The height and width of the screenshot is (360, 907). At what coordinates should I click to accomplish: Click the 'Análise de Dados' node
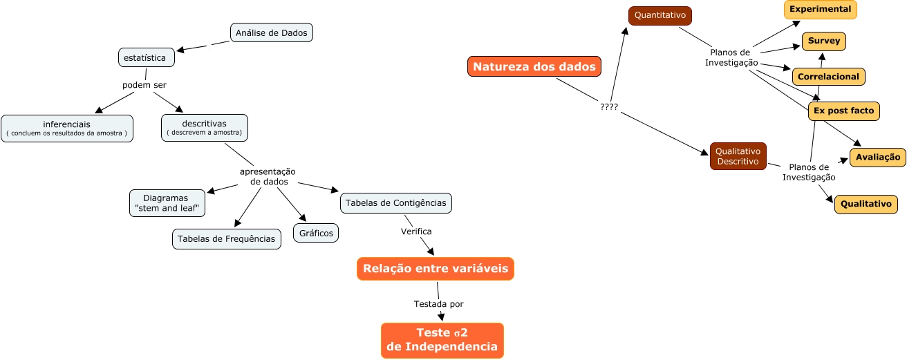[272, 32]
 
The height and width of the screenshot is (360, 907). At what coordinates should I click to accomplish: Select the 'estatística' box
[146, 57]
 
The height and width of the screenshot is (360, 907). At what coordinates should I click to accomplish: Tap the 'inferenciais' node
[67, 129]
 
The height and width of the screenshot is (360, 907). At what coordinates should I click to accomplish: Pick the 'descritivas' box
[205, 128]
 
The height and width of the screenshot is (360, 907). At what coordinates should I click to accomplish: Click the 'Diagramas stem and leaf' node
[167, 202]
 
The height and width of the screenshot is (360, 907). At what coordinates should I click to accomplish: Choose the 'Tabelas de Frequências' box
[227, 238]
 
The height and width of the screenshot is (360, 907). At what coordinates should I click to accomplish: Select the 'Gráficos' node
[317, 233]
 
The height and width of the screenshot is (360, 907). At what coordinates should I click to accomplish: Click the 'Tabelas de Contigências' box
[396, 202]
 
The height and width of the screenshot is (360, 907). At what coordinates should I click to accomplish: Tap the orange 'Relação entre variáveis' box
[436, 269]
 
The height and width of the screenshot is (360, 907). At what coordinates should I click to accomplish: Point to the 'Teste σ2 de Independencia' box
[442, 341]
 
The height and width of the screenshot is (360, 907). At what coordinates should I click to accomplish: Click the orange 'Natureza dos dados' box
[534, 67]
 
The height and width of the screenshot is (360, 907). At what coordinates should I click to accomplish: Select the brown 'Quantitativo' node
[660, 15]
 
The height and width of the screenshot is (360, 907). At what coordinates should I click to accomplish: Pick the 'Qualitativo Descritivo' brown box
[738, 156]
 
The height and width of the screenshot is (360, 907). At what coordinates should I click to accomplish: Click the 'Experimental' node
[820, 10]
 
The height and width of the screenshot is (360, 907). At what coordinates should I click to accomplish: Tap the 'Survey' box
[823, 41]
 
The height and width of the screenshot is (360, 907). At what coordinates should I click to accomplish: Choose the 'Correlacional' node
[828, 77]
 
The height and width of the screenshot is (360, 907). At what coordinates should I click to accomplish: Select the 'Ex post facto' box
[843, 111]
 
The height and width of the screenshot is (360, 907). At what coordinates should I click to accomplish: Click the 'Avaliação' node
[877, 158]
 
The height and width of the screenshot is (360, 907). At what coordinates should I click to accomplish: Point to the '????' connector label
[609, 107]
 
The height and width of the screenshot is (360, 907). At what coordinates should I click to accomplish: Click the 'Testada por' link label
[439, 304]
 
